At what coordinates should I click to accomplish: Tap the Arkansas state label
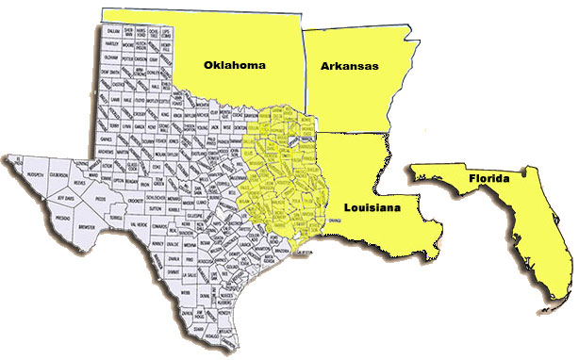348,66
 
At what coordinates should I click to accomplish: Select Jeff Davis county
67,200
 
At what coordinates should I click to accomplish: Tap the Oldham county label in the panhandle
111,57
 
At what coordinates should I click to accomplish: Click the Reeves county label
81,185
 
